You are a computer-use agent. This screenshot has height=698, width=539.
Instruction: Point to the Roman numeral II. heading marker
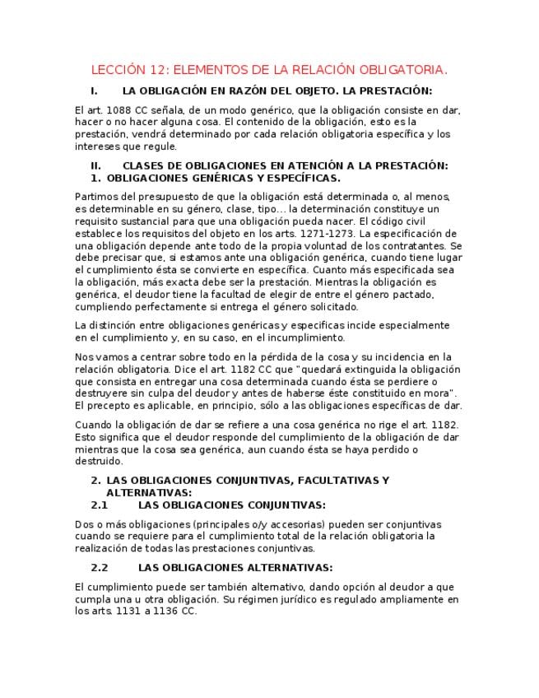point(95,165)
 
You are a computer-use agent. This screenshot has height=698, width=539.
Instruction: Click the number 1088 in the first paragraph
point(121,110)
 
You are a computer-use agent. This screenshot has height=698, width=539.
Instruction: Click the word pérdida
point(225,357)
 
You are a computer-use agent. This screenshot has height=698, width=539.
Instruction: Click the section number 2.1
point(100,505)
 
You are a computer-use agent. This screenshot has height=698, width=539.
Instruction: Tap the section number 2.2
point(100,567)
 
